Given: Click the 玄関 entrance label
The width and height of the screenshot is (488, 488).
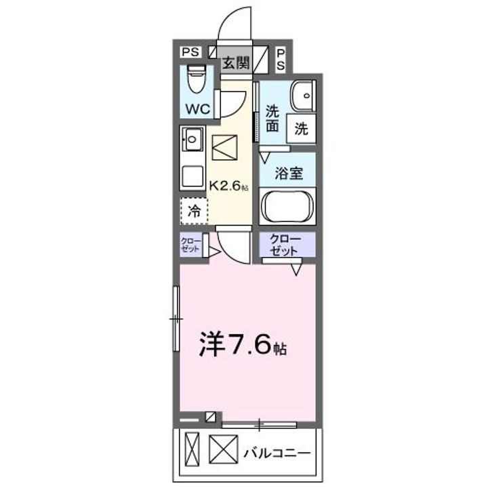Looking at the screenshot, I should point(236,63).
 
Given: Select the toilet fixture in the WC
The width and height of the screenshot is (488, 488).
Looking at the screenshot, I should point(197,81).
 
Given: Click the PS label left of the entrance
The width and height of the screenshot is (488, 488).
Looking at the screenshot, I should point(190,51).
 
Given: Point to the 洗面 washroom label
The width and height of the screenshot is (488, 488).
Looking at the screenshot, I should point(272,118).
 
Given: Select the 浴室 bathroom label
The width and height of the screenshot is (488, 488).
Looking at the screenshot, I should point(288,173).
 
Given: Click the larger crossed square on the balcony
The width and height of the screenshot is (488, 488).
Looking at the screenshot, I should point(221,449).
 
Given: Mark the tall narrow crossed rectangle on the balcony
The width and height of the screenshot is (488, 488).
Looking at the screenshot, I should point(191,451).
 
